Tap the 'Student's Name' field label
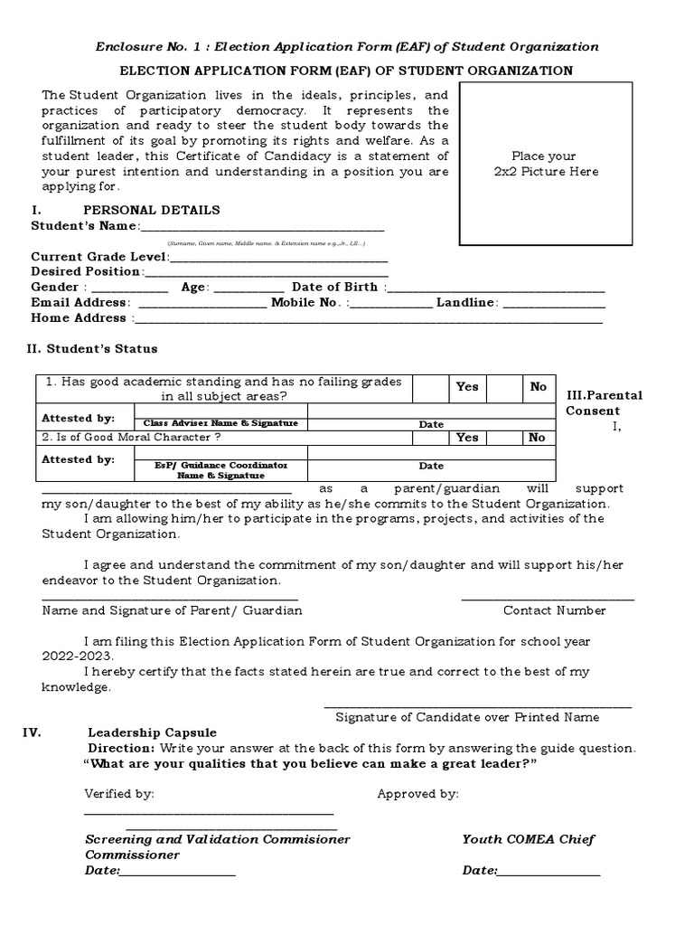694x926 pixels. click(x=85, y=225)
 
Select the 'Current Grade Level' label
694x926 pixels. click(x=99, y=257)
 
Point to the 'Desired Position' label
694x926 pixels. click(x=87, y=271)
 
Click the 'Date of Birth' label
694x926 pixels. click(x=334, y=287)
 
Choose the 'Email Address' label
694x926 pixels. click(x=80, y=302)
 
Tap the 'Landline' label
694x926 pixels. click(x=465, y=302)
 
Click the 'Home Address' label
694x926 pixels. click(x=79, y=317)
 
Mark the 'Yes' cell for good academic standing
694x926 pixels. click(x=467, y=386)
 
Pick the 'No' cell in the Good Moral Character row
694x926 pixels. click(x=537, y=438)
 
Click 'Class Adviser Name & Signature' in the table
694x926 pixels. click(x=216, y=423)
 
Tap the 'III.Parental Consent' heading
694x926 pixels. click(x=605, y=402)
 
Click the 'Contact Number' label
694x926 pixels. click(x=554, y=610)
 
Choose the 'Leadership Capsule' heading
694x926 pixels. click(x=152, y=732)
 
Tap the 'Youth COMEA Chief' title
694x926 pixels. click(x=529, y=839)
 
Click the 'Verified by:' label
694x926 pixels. click(x=119, y=794)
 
